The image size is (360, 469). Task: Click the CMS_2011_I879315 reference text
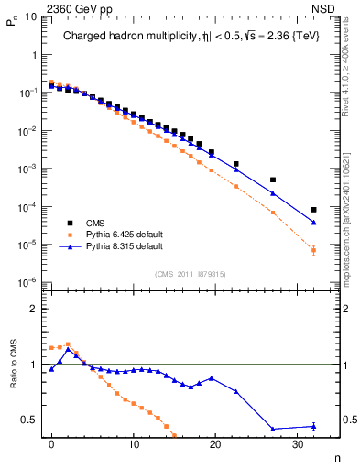click(x=191, y=274)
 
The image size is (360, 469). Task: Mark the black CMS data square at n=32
click(x=314, y=210)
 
